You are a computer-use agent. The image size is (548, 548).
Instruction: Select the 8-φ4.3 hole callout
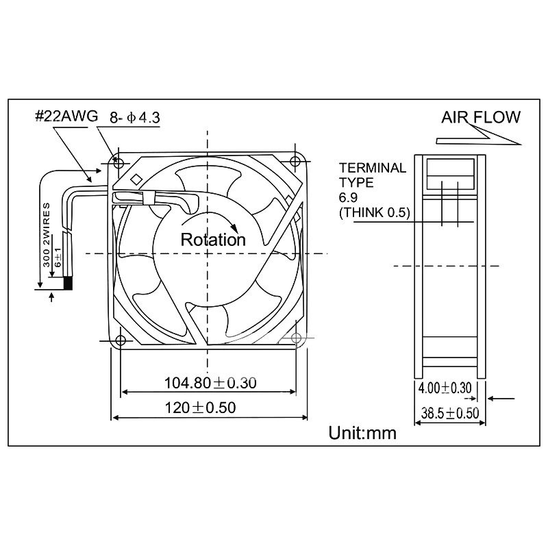(x=135, y=118)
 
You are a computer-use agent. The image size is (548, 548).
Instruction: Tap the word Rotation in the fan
(x=212, y=240)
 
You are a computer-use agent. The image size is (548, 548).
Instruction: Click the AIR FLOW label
(x=480, y=117)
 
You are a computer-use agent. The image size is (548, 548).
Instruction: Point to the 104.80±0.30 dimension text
(x=210, y=383)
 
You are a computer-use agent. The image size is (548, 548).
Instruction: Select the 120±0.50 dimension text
(x=200, y=408)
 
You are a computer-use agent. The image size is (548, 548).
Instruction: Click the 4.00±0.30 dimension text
(x=445, y=388)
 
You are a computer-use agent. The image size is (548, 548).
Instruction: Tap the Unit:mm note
(x=362, y=433)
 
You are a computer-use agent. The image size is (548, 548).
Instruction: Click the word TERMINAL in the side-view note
(x=373, y=168)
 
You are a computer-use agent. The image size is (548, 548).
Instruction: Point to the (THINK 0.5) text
(x=374, y=213)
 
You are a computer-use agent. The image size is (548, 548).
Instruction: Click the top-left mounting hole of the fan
(x=119, y=163)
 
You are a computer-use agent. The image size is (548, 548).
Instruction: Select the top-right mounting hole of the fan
(x=295, y=162)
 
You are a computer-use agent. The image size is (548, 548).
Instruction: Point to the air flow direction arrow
(x=480, y=140)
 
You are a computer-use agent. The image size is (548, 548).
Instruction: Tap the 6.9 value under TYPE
(x=348, y=198)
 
